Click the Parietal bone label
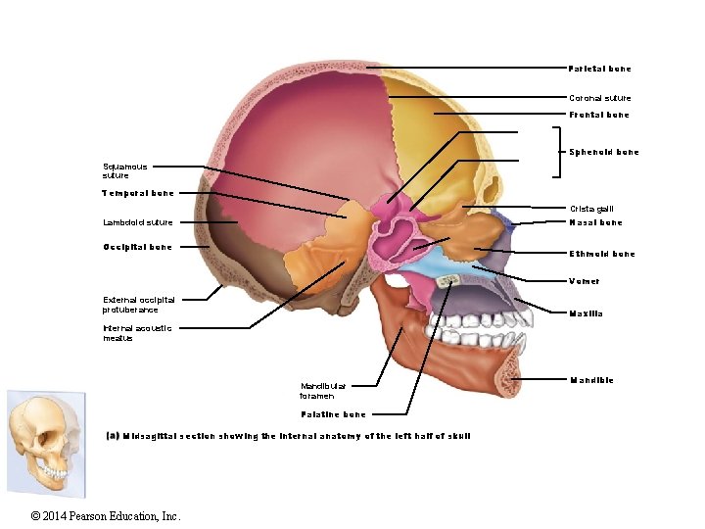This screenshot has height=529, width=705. point(599,69)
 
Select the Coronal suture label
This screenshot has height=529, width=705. point(600,98)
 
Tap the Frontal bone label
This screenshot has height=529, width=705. point(599,115)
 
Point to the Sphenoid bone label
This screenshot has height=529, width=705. point(604,152)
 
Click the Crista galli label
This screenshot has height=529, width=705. point(591,209)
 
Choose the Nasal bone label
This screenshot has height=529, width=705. point(595,222)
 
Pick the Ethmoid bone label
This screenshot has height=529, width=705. point(602,254)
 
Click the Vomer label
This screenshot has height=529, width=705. point(585,281)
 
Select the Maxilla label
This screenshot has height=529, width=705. point(586,313)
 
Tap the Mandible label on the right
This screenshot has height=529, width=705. point(591,380)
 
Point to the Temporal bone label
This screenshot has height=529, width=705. point(138,193)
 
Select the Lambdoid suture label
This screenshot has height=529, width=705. point(137,222)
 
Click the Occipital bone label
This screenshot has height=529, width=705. point(137,247)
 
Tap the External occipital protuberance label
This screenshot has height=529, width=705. point(139,305)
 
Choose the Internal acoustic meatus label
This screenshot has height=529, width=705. point(137,333)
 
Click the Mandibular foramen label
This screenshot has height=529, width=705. point(322,391)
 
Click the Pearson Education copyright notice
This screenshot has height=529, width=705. point(106,516)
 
